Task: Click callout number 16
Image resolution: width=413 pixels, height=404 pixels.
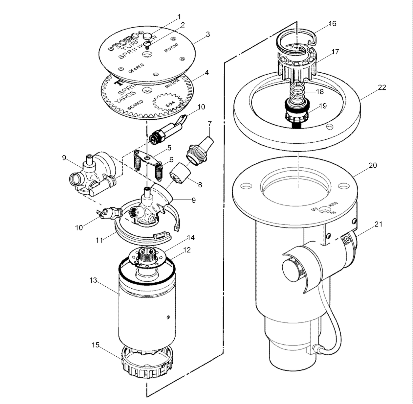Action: click(332, 24)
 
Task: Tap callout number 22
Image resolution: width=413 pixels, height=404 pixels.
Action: click(381, 87)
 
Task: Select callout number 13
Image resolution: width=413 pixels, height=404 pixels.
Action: click(93, 280)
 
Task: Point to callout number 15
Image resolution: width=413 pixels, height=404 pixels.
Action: click(95, 345)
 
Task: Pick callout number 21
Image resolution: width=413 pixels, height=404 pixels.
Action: click(379, 224)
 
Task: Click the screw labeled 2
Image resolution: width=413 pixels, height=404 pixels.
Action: click(148, 44)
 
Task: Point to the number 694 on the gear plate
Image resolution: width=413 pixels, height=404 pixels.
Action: click(170, 104)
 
